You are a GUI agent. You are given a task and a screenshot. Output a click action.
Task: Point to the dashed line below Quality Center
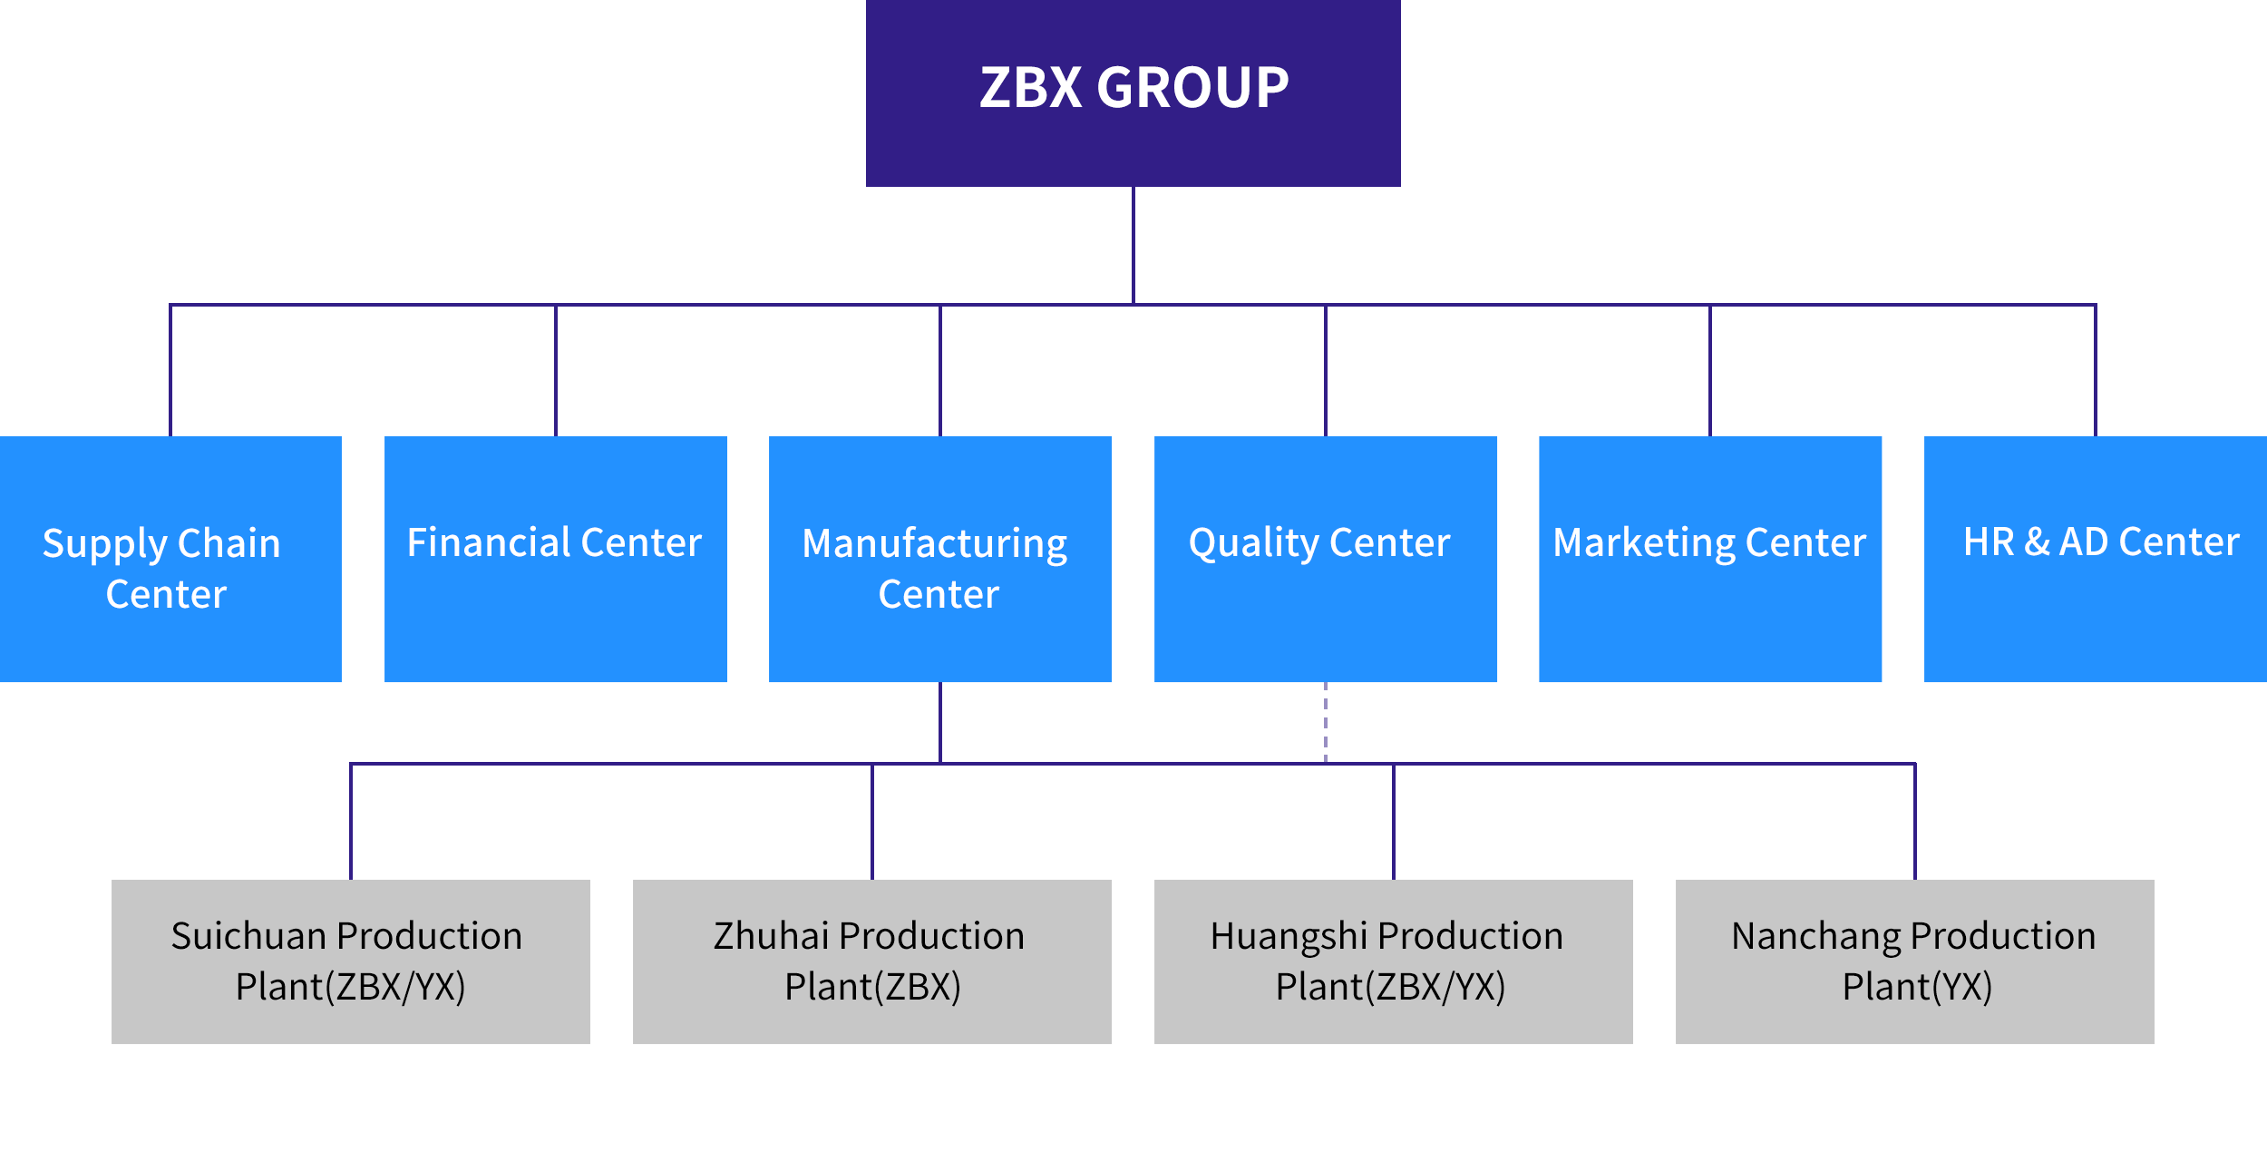(x=1325, y=722)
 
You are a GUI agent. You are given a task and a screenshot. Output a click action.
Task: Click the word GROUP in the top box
(x=1192, y=88)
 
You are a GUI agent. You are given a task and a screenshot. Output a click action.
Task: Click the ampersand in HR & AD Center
(x=2037, y=542)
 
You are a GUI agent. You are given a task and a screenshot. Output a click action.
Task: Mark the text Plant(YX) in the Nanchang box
(x=1917, y=987)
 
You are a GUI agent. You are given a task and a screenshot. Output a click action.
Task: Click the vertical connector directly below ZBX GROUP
(x=1133, y=245)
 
